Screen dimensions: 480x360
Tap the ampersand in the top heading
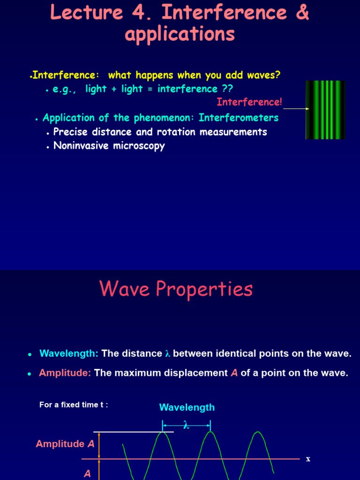click(x=302, y=13)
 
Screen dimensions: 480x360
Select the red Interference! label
click(x=249, y=102)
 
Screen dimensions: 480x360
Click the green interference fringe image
click(x=325, y=110)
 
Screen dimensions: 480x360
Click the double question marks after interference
click(x=228, y=89)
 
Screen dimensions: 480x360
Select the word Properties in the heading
click(x=205, y=289)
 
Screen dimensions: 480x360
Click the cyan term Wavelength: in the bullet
click(x=69, y=353)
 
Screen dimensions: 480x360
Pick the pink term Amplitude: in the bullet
click(x=65, y=373)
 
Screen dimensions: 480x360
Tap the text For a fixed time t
click(x=74, y=405)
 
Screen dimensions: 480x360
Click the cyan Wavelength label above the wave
click(x=187, y=407)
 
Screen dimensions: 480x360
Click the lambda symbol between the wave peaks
click(x=186, y=426)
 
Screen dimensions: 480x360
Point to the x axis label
click(x=308, y=459)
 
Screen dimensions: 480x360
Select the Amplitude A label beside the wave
click(x=65, y=444)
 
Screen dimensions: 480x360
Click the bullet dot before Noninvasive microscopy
click(x=48, y=147)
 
